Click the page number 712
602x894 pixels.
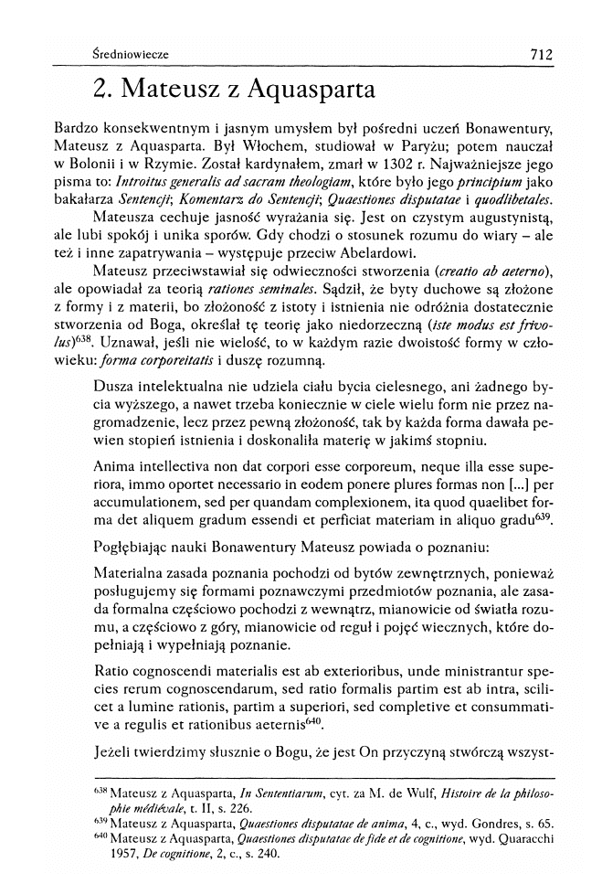point(540,55)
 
